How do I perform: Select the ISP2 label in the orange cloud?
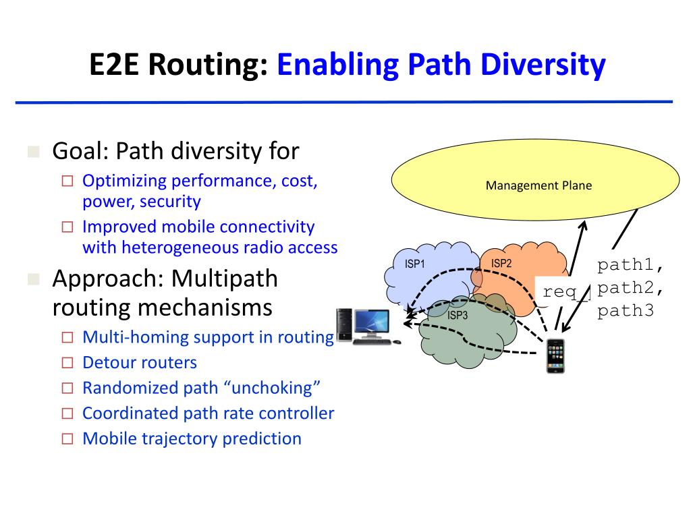[x=501, y=264]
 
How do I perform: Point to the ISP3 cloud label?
[x=457, y=315]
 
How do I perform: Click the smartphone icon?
[x=555, y=355]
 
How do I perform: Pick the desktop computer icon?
[x=364, y=326]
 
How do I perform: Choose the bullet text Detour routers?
[x=139, y=363]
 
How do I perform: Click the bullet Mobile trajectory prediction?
[x=192, y=438]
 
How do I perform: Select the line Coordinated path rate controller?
[x=208, y=413]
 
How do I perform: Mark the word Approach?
[x=108, y=278]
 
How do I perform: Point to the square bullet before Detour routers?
[x=67, y=364]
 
